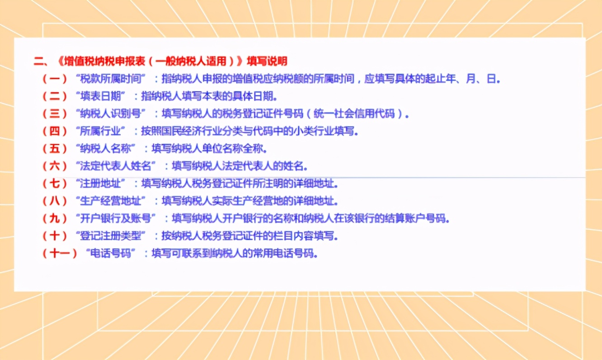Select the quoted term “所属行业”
tap(103, 131)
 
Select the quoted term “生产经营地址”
tap(113, 201)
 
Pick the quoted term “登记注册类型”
tap(113, 236)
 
